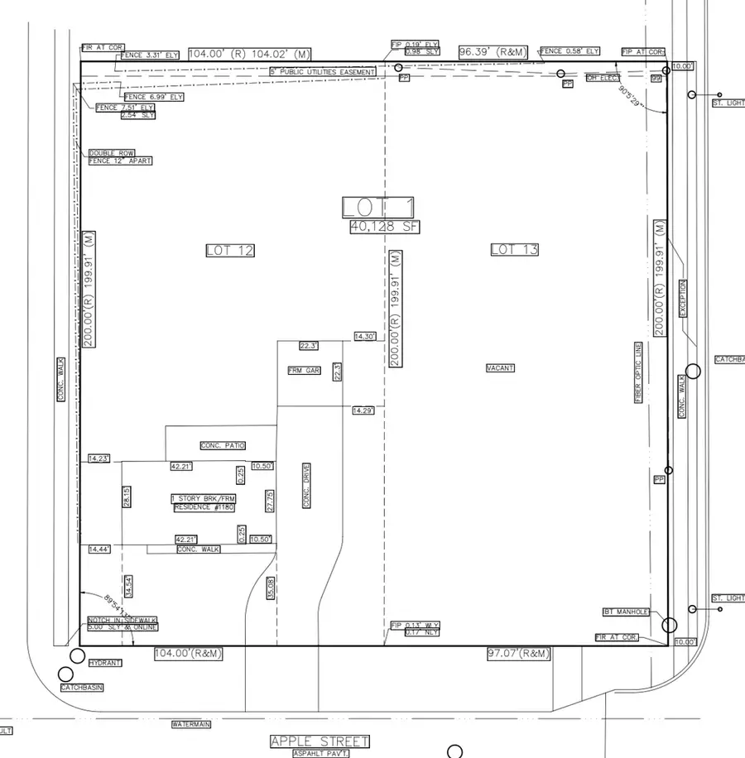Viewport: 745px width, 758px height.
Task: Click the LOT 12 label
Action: coord(229,250)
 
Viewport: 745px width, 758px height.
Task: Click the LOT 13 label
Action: coord(515,249)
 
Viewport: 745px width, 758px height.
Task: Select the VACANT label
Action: coord(501,367)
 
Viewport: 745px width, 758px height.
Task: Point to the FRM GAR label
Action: coord(304,371)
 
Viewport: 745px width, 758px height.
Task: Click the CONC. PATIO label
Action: coord(223,445)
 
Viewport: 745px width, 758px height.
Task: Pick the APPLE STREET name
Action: coord(320,741)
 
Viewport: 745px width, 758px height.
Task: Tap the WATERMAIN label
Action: coord(191,724)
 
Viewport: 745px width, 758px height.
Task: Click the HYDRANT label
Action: coord(106,663)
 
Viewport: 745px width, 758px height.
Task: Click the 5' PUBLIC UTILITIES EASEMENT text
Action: coord(323,72)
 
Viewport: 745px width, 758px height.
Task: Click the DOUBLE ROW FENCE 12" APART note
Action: coord(120,156)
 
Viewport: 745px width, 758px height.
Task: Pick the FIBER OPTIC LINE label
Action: coord(638,372)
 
